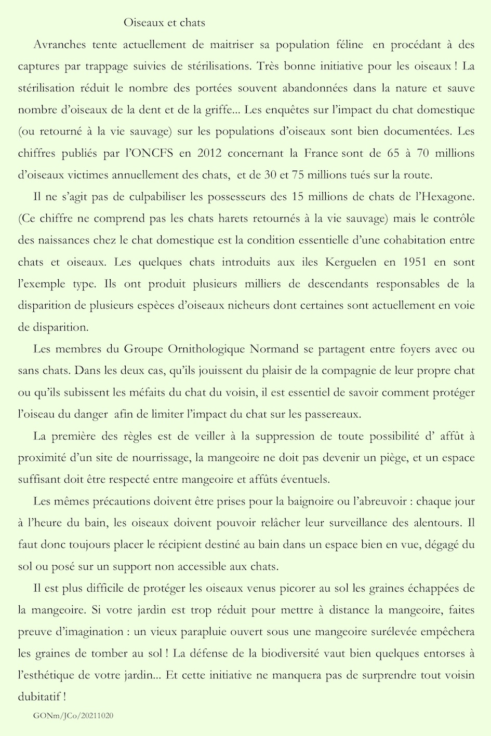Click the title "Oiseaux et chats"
click(x=165, y=22)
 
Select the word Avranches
click(x=59, y=45)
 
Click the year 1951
click(x=414, y=262)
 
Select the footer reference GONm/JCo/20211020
click(x=73, y=715)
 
